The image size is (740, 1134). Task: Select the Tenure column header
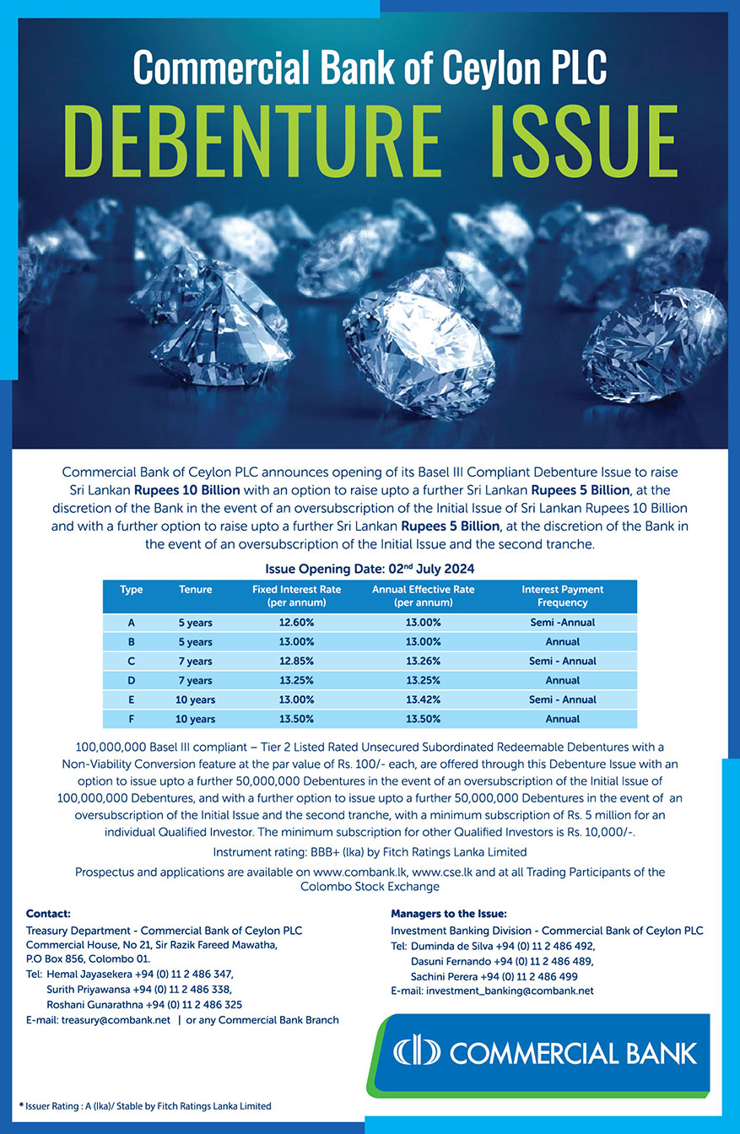[195, 590]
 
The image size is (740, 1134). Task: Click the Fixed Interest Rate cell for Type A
[296, 623]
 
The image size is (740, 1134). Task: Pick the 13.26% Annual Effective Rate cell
[423, 661]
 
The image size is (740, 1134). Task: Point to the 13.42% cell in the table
[423, 700]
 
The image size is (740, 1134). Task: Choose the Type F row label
[132, 720]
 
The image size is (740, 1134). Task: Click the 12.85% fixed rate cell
[296, 661]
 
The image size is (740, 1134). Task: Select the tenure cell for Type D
[195, 681]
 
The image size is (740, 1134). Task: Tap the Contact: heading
[48, 914]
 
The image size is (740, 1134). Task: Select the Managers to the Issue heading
[448, 914]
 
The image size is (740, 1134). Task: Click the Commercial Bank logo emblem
[418, 1053]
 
